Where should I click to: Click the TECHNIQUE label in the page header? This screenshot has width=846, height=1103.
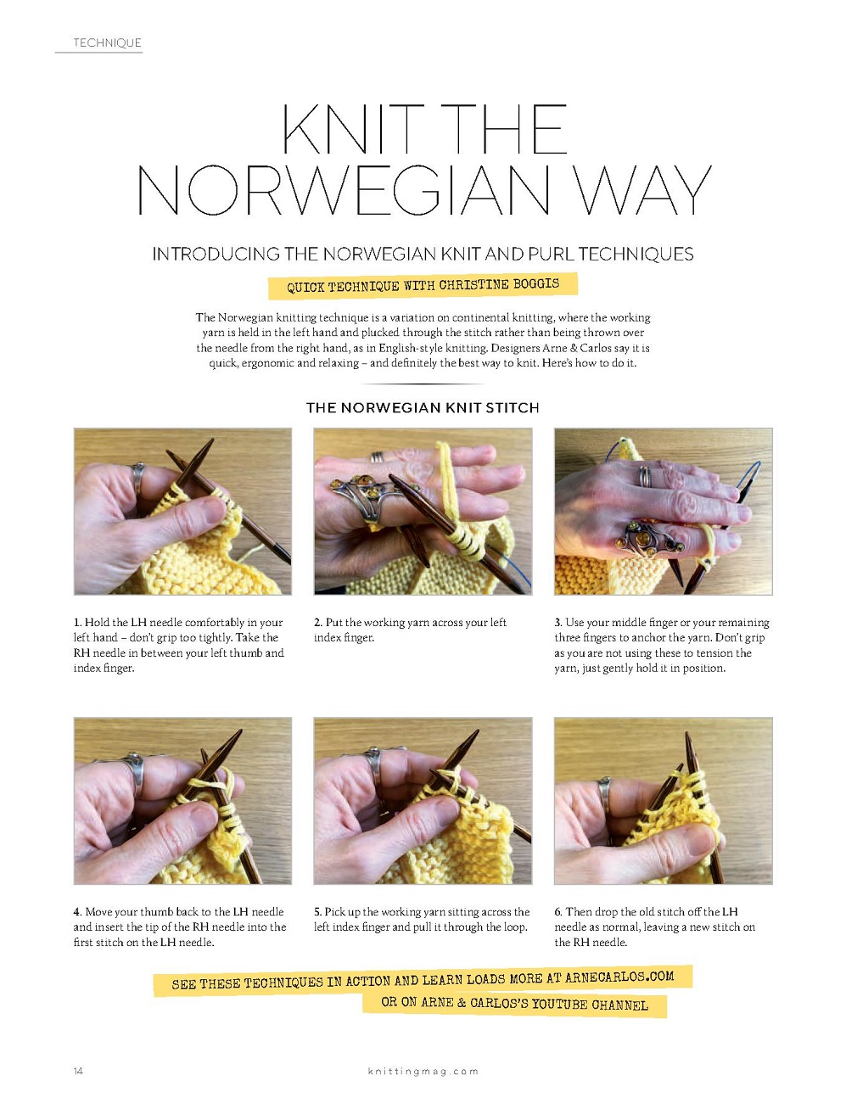[x=107, y=42]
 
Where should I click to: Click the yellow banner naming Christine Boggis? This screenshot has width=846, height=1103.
[x=423, y=286]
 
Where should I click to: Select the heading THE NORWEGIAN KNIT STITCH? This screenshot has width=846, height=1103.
[x=423, y=407]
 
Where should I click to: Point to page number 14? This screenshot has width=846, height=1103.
[x=78, y=1071]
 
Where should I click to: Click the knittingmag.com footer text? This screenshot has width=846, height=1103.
[x=423, y=1071]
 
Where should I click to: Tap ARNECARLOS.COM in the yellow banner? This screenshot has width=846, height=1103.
[x=619, y=977]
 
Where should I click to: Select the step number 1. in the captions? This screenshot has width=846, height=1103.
[x=78, y=622]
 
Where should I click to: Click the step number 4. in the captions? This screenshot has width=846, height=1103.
[x=77, y=911]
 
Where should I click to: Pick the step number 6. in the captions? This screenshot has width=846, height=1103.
[x=558, y=911]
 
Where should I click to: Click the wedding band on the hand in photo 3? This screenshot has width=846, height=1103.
[x=645, y=477]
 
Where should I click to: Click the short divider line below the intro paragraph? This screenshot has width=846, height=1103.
[x=423, y=384]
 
